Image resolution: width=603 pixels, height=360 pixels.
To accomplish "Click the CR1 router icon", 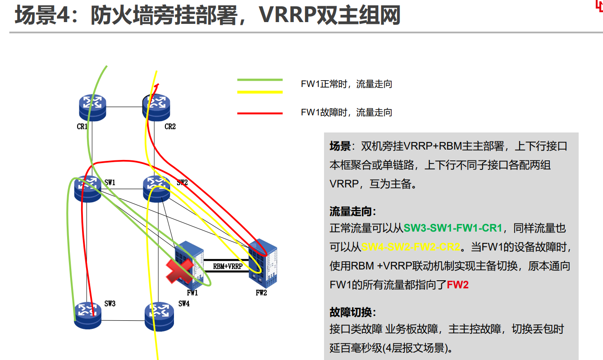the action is pyautogui.click(x=92, y=108).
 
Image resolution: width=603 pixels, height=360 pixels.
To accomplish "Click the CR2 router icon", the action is pyautogui.click(x=156, y=108).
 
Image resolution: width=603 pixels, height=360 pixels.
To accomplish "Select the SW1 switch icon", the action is pyautogui.click(x=87, y=189).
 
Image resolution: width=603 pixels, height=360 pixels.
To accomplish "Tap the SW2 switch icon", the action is pyautogui.click(x=156, y=189).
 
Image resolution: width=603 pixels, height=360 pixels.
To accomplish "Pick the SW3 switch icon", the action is pyautogui.click(x=87, y=315).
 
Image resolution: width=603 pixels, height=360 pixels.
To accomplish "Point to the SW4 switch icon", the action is pyautogui.click(x=159, y=317).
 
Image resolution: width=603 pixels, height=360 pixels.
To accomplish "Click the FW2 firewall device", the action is pyautogui.click(x=262, y=263).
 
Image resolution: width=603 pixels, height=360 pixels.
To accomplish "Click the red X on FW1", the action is pyautogui.click(x=179, y=271).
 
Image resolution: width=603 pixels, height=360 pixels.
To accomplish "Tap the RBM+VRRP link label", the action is pyautogui.click(x=228, y=266).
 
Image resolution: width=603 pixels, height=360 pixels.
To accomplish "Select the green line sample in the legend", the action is pyautogui.click(x=260, y=80).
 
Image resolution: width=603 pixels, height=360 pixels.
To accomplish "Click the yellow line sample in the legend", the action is pyautogui.click(x=260, y=92).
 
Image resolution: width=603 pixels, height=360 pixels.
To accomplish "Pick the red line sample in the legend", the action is pyautogui.click(x=260, y=113).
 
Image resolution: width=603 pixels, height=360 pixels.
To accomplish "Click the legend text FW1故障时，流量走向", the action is pyautogui.click(x=347, y=113).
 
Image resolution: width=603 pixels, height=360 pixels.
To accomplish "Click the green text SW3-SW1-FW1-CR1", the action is pyautogui.click(x=453, y=228).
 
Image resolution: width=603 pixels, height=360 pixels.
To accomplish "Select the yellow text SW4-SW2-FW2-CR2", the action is pyautogui.click(x=411, y=247).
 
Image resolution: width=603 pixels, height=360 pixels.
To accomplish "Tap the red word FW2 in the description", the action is pyautogui.click(x=457, y=285).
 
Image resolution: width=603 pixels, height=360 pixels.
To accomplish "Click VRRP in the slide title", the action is pyautogui.click(x=288, y=15).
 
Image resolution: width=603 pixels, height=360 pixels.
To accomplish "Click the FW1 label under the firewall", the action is pyautogui.click(x=192, y=293).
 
